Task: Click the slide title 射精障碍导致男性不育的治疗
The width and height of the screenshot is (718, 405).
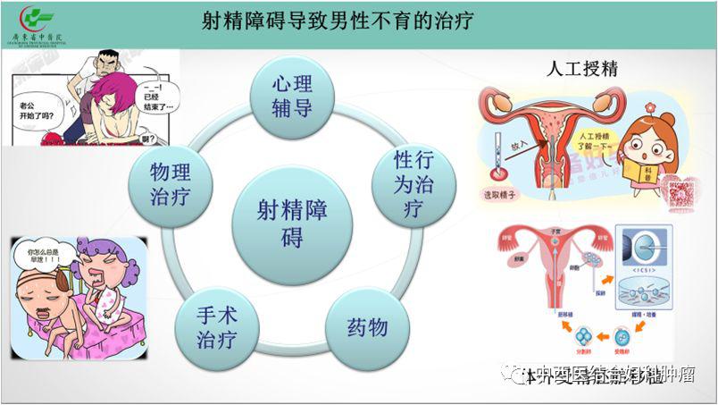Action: coord(338,21)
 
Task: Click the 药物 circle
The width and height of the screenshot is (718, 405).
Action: coord(367,327)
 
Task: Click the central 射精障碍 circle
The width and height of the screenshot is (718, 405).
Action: coord(291,224)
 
